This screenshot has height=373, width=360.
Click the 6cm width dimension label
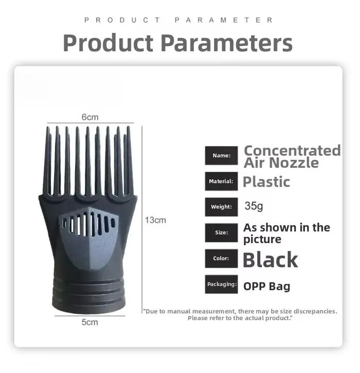pos(90,117)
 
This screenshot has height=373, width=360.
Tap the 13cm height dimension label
pos(155,220)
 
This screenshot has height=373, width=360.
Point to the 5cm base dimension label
pos(90,322)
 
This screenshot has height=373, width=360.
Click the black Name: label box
pos(222,156)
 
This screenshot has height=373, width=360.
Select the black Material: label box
pos(222,181)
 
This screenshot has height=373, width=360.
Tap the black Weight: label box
pos(222,207)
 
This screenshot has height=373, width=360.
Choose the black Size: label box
pos(222,233)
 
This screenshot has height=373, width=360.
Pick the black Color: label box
pos(222,258)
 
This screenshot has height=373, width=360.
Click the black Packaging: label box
pos(222,284)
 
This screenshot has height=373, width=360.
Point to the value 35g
pos(254,206)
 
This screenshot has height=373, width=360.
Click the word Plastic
pos(266,182)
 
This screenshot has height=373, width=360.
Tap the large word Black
pos(271,260)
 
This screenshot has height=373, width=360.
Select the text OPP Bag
pos(267,286)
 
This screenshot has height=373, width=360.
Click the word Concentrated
pos(293,151)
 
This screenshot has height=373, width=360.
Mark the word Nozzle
pos(294,163)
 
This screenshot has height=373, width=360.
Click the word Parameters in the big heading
pos(227,43)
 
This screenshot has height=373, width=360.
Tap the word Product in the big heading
pos(109,43)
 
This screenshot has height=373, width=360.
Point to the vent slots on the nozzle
pos(88,223)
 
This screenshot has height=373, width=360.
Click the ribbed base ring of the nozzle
pos(88,295)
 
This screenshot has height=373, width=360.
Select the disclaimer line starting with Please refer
pos(240,318)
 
